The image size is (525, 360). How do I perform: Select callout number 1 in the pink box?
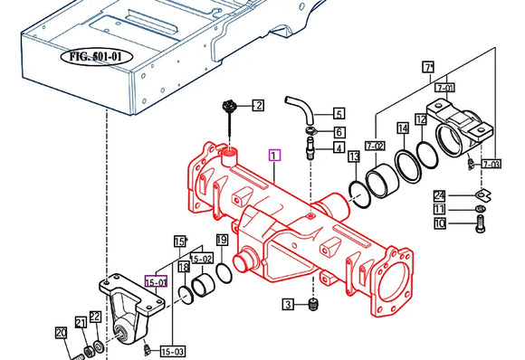tap(275, 156)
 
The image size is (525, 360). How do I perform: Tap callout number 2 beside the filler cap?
tap(257, 106)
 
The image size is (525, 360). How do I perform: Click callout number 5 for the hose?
tap(339, 114)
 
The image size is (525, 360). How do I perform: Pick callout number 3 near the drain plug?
tap(287, 304)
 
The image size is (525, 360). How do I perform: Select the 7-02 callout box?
tap(376, 146)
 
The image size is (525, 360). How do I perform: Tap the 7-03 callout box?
tap(491, 164)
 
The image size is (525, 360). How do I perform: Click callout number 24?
tap(439, 195)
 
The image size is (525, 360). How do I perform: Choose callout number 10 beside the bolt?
tap(439, 224)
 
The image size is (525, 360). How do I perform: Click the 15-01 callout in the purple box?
tap(157, 281)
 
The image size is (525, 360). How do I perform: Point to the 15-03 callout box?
tap(171, 351)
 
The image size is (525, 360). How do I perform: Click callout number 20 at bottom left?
tap(62, 334)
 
